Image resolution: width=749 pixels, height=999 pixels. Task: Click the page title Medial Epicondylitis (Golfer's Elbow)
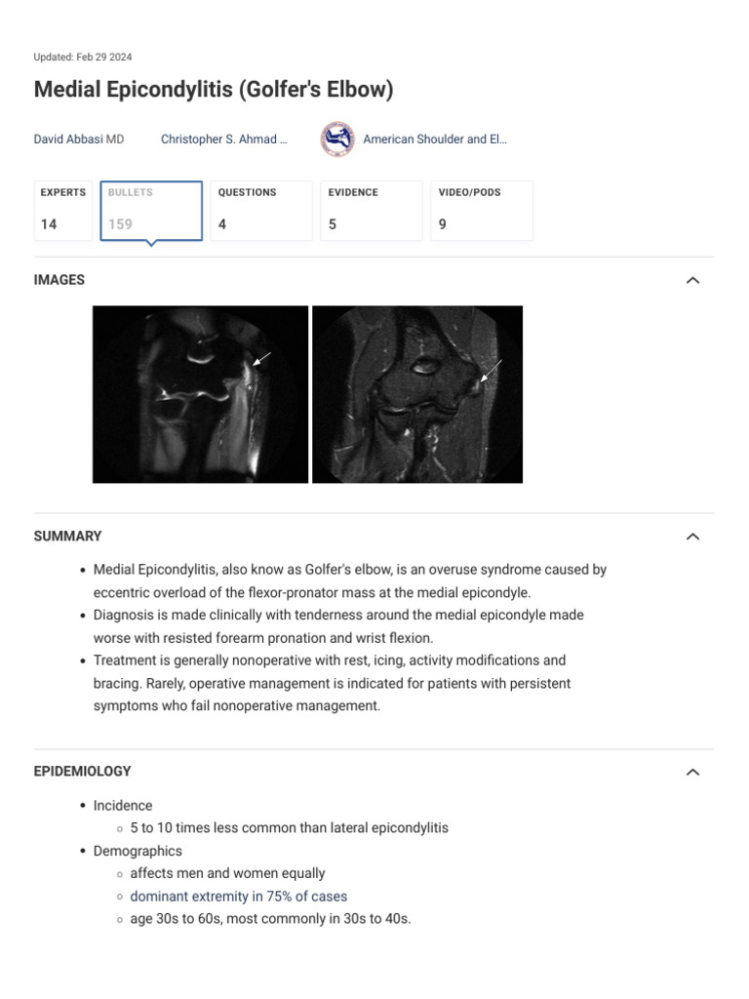click(x=214, y=90)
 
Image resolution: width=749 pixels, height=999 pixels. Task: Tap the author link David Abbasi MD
click(x=79, y=140)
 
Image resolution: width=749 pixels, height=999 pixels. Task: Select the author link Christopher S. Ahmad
click(x=223, y=140)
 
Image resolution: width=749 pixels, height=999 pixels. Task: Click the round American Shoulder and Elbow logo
click(x=337, y=140)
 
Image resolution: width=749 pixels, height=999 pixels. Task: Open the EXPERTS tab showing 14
click(x=63, y=210)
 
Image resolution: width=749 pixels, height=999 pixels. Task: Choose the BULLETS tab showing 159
click(x=151, y=210)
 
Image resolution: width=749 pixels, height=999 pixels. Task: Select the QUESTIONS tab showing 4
click(x=261, y=210)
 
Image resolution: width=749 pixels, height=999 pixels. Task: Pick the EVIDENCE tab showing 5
click(x=372, y=210)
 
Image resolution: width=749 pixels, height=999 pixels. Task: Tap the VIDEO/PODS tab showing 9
click(x=482, y=210)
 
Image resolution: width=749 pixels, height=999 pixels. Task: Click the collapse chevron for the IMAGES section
click(x=692, y=280)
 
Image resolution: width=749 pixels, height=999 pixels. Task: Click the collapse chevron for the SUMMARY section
click(x=692, y=537)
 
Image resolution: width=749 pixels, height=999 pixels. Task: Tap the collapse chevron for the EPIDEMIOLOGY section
click(x=692, y=772)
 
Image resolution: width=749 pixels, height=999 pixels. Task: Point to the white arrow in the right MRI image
click(x=492, y=370)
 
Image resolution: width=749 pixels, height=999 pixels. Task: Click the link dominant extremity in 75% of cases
click(x=238, y=896)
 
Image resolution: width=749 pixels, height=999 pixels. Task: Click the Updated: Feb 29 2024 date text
click(x=83, y=58)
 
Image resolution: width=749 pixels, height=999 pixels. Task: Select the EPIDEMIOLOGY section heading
click(x=82, y=772)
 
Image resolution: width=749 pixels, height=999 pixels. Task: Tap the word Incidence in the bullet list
click(x=123, y=806)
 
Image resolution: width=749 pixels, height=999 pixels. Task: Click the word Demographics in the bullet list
click(x=138, y=851)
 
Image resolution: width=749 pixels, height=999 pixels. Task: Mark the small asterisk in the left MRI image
click(x=251, y=388)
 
